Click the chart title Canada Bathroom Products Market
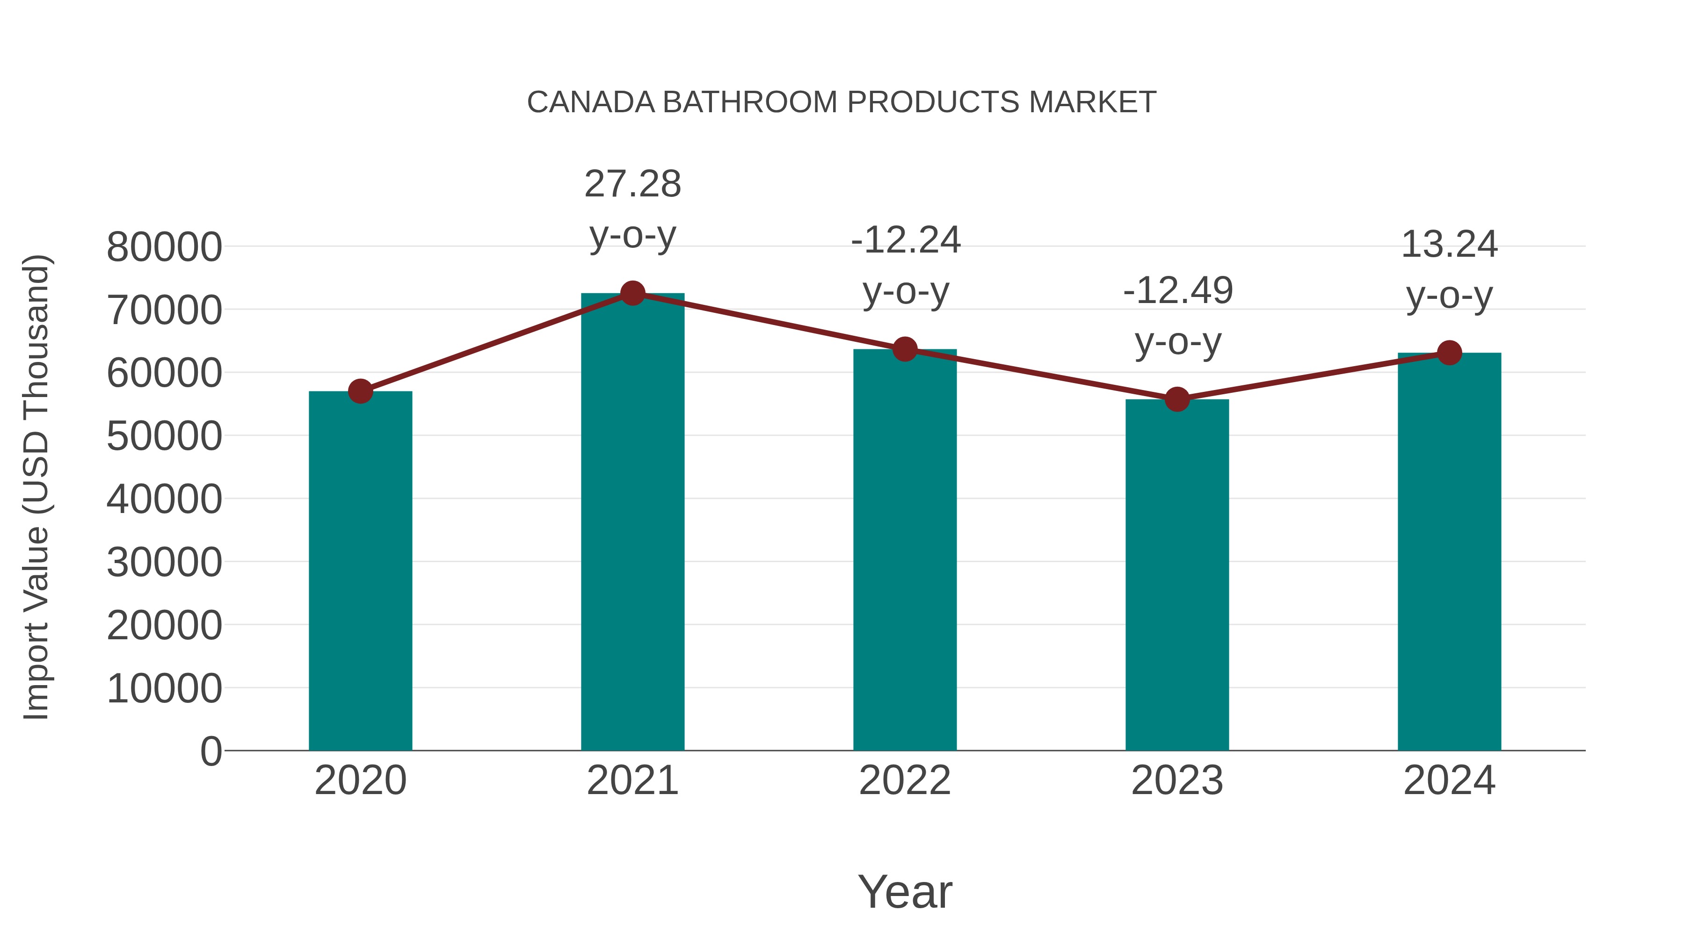coord(842,102)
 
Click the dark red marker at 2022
coord(905,350)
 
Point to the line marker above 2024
coord(1449,353)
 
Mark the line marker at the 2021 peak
coord(632,293)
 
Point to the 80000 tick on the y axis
coord(164,248)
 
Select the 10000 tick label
coord(164,689)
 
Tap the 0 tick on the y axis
coord(210,752)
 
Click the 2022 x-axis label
coord(905,781)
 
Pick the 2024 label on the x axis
coord(1449,781)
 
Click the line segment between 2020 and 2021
coord(496,342)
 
